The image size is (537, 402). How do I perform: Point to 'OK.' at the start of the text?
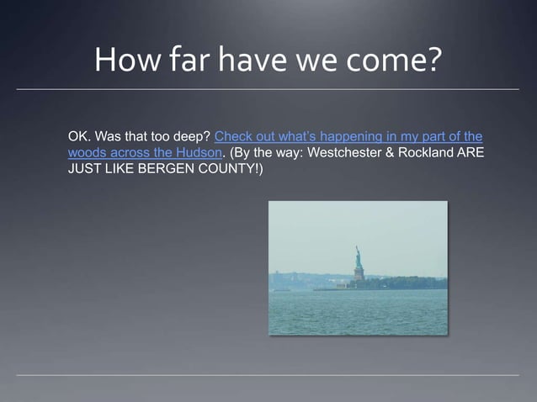click(79, 136)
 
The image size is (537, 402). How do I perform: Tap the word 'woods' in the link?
click(87, 152)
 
